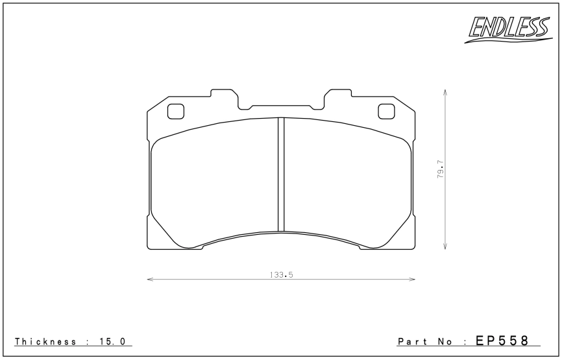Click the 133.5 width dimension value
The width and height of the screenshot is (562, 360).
pyautogui.click(x=282, y=275)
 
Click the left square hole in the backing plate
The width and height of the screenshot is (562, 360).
pyautogui.click(x=176, y=112)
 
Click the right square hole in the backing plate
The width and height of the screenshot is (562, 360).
pyautogui.click(x=386, y=112)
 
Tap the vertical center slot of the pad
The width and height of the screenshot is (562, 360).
pyautogui.click(x=282, y=174)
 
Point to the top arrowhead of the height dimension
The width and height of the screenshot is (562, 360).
pyautogui.click(x=445, y=91)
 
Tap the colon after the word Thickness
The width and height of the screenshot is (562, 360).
pyautogui.click(x=86, y=342)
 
